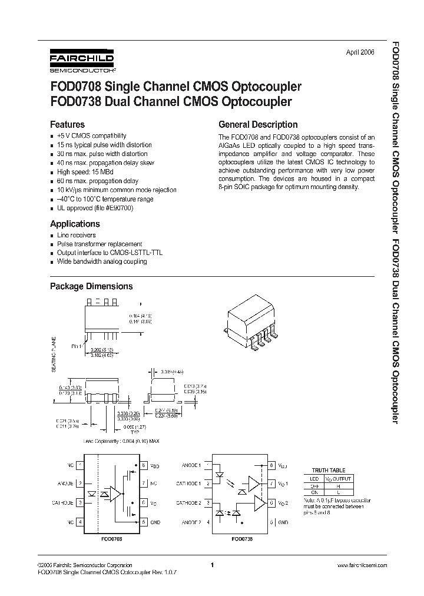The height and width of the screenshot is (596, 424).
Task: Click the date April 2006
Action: (x=359, y=52)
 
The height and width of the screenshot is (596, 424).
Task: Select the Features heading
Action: (x=67, y=125)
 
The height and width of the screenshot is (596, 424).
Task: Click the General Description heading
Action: (x=258, y=125)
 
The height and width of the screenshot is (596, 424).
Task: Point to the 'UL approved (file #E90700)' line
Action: (x=95, y=208)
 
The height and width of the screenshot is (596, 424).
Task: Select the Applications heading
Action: (x=75, y=224)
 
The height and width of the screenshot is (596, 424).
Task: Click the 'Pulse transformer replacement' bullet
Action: (x=100, y=244)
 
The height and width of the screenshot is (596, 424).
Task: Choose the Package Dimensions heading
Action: (x=91, y=286)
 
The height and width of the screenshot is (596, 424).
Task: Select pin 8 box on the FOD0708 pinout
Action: (x=143, y=465)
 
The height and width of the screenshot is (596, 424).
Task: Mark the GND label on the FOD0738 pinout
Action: (x=283, y=522)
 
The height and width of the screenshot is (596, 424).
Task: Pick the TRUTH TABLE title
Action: (x=328, y=471)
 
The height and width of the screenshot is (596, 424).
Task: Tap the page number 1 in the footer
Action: (x=211, y=565)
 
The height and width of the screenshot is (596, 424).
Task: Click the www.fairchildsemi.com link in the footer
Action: (x=362, y=565)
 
